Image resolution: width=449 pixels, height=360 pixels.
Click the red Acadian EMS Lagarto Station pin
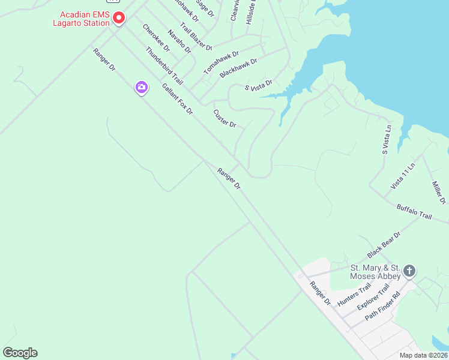(119, 19)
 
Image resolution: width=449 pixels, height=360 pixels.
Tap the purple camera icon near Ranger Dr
(141, 88)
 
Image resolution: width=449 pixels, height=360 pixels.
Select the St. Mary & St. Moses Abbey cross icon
(409, 271)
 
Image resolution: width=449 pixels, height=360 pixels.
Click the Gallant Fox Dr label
(177, 99)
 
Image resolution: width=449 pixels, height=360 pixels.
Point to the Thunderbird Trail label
(164, 64)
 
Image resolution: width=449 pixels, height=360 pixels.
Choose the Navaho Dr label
(179, 41)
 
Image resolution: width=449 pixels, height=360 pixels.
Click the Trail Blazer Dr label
(196, 36)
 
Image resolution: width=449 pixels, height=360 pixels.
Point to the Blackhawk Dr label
(238, 67)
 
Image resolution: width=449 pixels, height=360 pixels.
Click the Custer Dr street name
(225, 117)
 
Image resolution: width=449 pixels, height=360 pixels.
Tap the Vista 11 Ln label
(403, 176)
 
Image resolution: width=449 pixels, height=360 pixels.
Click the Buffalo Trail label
(414, 212)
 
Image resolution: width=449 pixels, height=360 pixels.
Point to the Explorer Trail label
(373, 298)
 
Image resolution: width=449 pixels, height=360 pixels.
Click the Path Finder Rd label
(382, 305)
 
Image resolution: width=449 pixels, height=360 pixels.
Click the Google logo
(20, 353)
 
